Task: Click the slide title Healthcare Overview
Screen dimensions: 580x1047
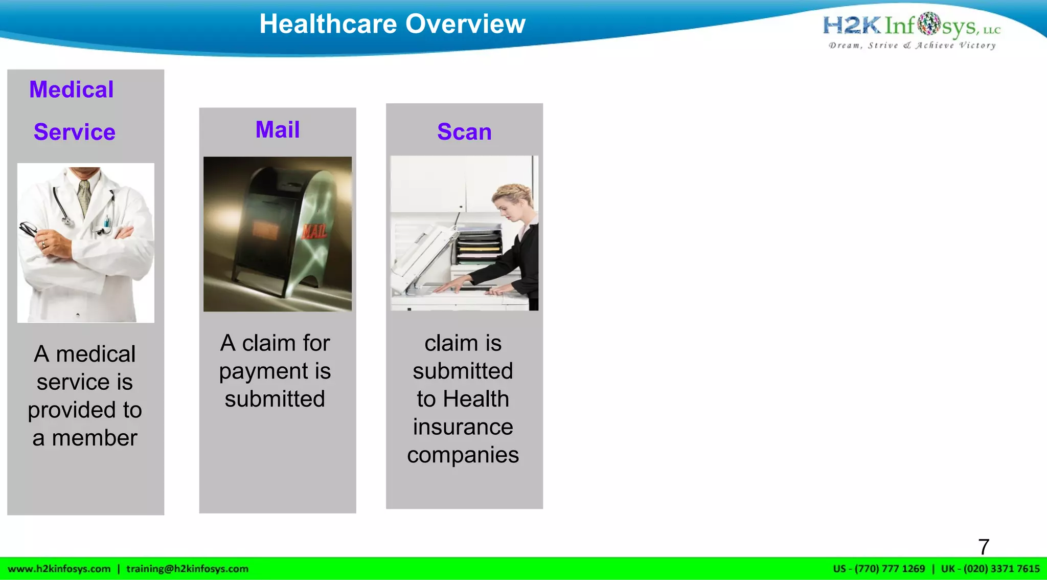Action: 392,24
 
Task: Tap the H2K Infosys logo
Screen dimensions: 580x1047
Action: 911,25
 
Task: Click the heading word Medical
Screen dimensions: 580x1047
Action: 72,90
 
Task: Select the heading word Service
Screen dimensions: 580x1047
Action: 75,132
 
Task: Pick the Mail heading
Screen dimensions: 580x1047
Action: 278,129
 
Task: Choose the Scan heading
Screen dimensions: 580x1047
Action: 464,132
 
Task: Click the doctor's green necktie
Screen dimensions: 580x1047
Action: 84,197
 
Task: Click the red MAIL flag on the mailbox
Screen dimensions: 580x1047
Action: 314,231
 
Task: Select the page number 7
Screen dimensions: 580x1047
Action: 984,547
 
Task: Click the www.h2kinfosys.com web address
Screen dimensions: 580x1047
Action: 59,569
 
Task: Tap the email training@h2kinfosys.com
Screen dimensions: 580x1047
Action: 187,569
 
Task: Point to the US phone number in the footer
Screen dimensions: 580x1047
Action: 879,569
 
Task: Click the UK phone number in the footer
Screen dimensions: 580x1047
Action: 990,569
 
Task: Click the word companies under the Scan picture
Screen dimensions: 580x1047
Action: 463,455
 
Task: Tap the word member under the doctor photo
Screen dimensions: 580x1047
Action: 95,438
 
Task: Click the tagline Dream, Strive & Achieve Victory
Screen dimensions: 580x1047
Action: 912,46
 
